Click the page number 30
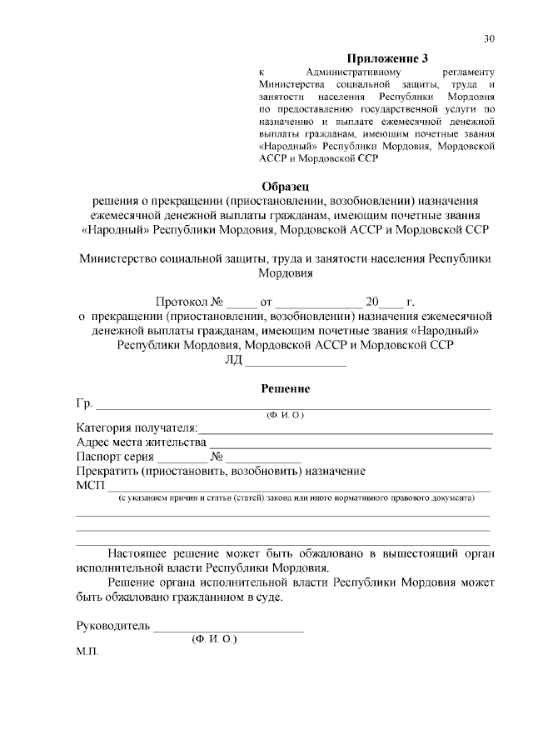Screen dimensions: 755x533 490,38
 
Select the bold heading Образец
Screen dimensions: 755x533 286,186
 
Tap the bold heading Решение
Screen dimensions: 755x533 286,388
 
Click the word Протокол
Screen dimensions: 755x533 182,302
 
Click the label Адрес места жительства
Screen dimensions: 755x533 140,442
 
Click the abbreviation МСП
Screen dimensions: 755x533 89,487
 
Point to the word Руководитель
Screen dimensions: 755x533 112,625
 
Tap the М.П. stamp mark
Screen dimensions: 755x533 87,652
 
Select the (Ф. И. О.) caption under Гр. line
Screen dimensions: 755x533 285,415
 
